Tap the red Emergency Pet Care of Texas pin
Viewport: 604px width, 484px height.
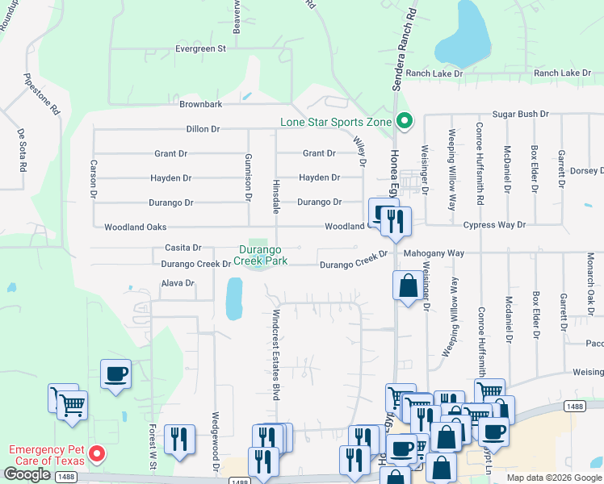click(x=97, y=454)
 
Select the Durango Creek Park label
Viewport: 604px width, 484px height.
click(x=258, y=256)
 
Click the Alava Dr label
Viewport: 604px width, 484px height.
click(x=178, y=283)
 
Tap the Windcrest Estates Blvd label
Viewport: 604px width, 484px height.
click(x=275, y=354)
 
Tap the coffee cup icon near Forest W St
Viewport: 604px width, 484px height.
click(x=115, y=374)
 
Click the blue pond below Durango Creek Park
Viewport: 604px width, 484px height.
click(x=234, y=298)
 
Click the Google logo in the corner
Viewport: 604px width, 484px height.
click(x=27, y=474)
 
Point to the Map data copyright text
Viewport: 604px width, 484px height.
click(x=553, y=478)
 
